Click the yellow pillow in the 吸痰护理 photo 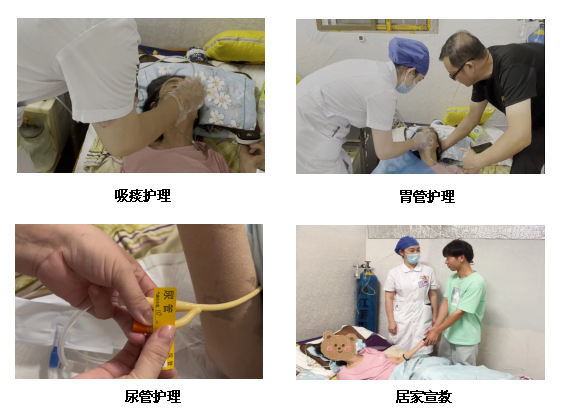pyautogui.click(x=235, y=46)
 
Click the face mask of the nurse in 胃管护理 pyautogui.click(x=406, y=84)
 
